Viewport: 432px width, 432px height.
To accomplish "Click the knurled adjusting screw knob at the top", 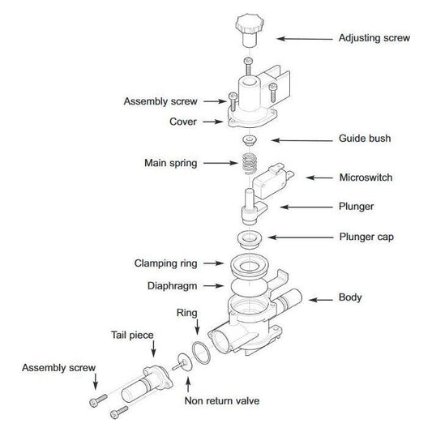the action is (250, 30).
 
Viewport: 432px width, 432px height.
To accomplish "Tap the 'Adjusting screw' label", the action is (374, 38).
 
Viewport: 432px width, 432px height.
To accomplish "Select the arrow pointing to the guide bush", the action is (302, 140).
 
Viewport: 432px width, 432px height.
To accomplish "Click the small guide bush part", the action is (250, 140).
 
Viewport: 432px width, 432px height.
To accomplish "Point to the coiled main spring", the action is (250, 164).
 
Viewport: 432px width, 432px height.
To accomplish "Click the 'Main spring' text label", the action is (171, 163).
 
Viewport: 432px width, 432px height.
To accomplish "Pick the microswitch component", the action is (273, 181).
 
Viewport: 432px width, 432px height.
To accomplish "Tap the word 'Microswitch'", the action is (366, 178).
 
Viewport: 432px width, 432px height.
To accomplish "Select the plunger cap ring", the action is (250, 239).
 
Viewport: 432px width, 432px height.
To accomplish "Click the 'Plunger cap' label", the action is (366, 237).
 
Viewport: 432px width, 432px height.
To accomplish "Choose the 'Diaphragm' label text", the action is (172, 286).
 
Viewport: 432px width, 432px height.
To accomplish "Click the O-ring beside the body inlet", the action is (201, 353).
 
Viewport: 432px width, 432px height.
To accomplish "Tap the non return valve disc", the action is (182, 362).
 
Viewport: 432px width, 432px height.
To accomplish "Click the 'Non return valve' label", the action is (222, 401).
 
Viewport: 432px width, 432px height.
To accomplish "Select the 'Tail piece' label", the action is (132, 336).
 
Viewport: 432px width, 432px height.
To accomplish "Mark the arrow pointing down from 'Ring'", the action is (197, 327).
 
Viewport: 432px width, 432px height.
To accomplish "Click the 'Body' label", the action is (350, 297).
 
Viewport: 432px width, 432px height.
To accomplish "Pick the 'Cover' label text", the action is (183, 122).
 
